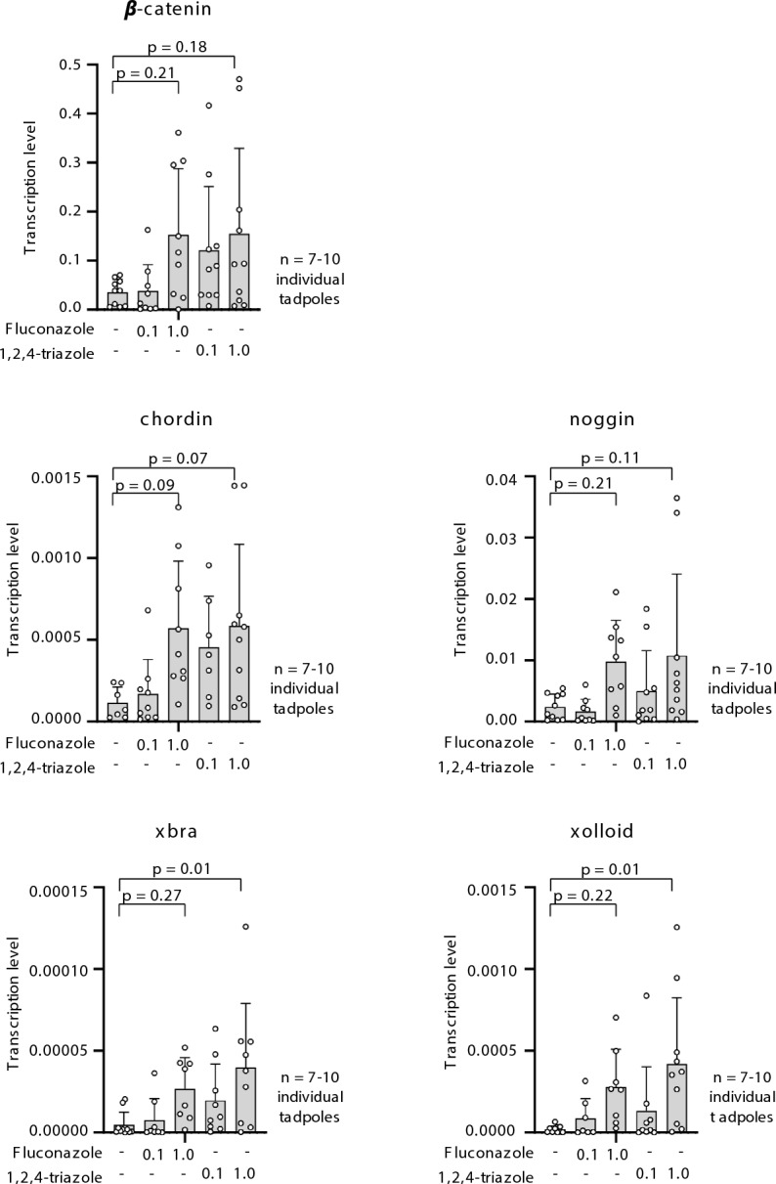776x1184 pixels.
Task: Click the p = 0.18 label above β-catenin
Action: click(176, 46)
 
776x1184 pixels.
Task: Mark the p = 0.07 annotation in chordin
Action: click(176, 457)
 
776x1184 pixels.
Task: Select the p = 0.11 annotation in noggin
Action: click(613, 457)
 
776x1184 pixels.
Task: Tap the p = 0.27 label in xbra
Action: click(151, 893)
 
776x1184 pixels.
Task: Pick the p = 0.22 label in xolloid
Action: click(583, 893)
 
